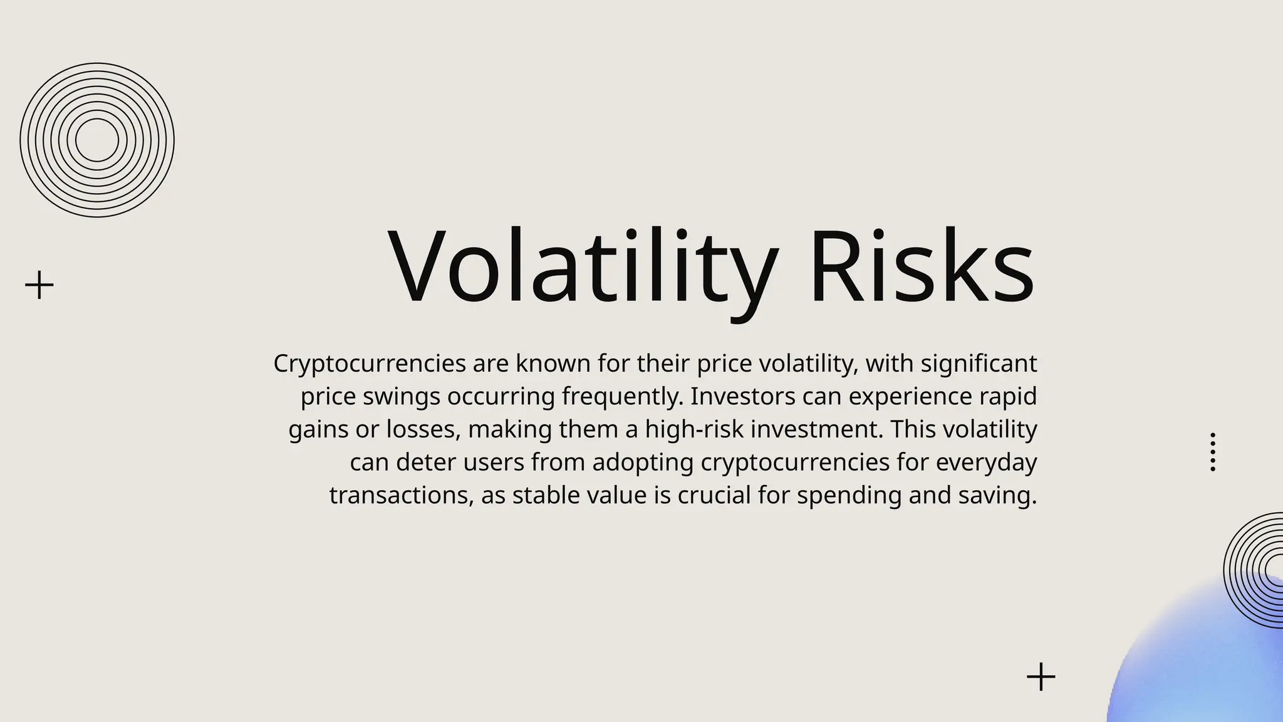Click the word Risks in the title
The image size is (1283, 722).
click(921, 267)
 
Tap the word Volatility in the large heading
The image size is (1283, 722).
click(583, 267)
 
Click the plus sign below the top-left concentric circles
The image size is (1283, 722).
click(39, 285)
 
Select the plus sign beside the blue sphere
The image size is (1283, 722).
click(1041, 677)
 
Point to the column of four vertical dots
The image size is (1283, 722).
click(1213, 452)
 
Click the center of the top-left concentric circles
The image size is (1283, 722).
click(97, 140)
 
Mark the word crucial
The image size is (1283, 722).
click(714, 495)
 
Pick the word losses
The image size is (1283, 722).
click(423, 429)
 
